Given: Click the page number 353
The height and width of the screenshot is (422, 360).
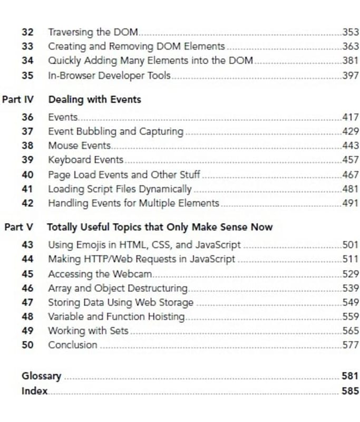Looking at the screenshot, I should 350,32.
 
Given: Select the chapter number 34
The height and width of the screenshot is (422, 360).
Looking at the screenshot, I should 27,61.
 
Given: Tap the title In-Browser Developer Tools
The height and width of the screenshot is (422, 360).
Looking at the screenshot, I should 109,75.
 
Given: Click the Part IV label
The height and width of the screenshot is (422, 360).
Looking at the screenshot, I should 18,99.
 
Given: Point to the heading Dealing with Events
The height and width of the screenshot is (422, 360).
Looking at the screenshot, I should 94,99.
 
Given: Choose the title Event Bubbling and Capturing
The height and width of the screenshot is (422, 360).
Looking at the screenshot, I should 115,131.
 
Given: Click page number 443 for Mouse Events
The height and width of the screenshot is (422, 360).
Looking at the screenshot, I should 350,145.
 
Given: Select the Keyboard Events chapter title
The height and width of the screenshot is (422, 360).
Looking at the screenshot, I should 85,159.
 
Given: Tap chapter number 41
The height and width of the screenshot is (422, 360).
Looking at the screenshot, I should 27,188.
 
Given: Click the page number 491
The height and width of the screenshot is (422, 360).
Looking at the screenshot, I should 350,203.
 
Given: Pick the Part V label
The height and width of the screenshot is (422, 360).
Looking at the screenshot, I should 19,227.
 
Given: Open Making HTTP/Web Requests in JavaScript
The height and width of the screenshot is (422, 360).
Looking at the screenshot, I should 141,259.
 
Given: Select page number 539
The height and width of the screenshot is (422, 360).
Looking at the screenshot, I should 350,288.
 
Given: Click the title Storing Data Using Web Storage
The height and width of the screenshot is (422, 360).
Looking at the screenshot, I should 121,302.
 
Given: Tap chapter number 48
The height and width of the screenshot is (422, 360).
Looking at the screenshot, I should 27,316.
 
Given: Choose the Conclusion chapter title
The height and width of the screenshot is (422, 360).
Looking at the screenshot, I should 73,345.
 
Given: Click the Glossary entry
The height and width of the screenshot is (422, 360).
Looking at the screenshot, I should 41,376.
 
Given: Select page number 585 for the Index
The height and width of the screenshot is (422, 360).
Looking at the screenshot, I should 350,391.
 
